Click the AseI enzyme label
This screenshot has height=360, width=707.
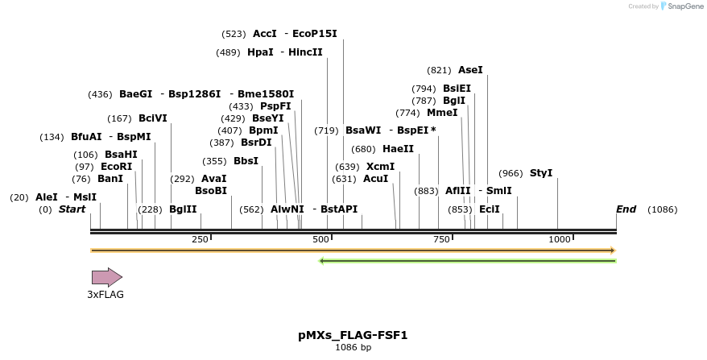pos(470,70)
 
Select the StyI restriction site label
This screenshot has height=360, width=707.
pos(541,173)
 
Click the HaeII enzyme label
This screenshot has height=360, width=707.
pos(398,149)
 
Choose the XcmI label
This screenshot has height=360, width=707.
pos(380,167)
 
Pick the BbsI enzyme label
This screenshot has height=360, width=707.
pos(246,161)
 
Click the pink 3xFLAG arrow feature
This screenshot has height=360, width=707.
pos(106,277)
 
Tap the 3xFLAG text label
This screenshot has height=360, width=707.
pos(105,295)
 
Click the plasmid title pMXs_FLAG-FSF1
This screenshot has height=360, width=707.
pos(353,335)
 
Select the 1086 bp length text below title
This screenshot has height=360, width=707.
pos(353,348)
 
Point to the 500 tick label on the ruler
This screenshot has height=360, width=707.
pos(320,239)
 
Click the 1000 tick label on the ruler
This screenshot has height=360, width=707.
pos(559,239)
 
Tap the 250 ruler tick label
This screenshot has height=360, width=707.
pos(200,239)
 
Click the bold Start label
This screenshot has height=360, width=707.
pos(72,209)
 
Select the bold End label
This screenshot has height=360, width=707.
pos(626,209)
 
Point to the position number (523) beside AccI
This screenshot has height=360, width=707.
pos(234,34)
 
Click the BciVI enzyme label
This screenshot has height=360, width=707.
pos(153,118)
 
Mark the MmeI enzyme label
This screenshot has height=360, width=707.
pos(442,113)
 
